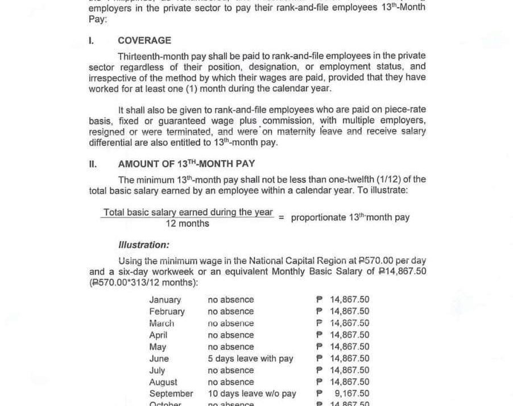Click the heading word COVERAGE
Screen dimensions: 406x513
144,41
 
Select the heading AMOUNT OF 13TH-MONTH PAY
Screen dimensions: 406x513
187,164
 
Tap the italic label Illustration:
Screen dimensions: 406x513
143,245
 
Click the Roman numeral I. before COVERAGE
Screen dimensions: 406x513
92,41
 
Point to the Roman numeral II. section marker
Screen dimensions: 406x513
93,164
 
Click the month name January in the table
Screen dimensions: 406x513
165,300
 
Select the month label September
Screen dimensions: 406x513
171,394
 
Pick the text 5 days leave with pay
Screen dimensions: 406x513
250,358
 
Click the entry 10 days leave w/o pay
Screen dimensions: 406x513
252,394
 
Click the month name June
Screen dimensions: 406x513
159,358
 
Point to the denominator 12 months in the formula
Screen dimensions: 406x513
187,224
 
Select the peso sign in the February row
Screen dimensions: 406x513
319,311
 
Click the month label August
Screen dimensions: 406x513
163,382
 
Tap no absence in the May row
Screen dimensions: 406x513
231,346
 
